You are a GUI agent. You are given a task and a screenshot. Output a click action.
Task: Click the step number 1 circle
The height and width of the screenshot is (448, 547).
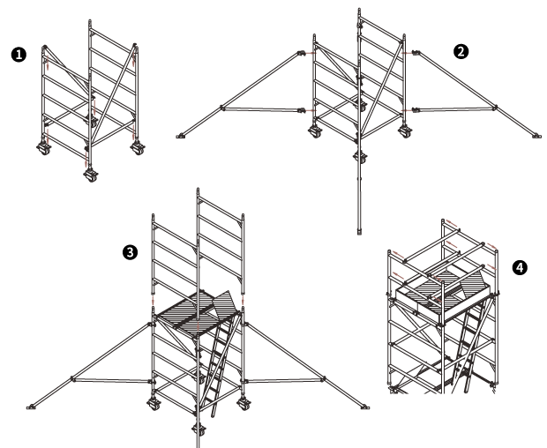tap(19, 55)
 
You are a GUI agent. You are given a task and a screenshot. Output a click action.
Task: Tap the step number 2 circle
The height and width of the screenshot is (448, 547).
tap(461, 52)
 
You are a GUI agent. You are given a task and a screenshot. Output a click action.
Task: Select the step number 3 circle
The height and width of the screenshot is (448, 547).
tap(130, 252)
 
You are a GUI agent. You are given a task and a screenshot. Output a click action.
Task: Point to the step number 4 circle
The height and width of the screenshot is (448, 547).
tap(520, 268)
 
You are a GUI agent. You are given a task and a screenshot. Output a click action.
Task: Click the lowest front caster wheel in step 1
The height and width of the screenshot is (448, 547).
tap(91, 175)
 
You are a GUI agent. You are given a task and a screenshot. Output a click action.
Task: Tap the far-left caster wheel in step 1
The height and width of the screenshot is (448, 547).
tap(43, 149)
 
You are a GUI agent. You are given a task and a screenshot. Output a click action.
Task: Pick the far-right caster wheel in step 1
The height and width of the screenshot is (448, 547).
tap(138, 148)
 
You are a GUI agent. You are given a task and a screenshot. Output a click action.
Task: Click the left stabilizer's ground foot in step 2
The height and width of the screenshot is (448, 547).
tap(180, 137)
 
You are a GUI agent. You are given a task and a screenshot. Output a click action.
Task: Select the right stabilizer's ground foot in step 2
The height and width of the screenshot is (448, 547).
tap(537, 137)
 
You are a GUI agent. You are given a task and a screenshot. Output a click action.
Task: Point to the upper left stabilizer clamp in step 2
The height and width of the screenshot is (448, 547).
tap(302, 53)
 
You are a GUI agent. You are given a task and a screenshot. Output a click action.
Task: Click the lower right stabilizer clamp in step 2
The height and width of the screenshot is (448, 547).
tap(416, 110)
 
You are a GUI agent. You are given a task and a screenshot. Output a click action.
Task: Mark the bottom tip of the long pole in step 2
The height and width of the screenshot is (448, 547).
tap(359, 233)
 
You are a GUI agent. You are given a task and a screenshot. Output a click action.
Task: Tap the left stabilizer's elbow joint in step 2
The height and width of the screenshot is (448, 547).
tap(222, 108)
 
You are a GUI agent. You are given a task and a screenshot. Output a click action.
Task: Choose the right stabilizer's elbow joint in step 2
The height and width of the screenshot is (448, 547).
tap(495, 107)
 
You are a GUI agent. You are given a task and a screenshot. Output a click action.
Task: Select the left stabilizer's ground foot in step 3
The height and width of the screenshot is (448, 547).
tap(31, 407)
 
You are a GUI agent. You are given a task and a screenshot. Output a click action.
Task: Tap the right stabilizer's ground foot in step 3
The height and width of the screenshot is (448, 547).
tap(365, 407)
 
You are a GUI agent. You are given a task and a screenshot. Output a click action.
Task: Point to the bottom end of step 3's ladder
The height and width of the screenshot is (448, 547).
tap(214, 415)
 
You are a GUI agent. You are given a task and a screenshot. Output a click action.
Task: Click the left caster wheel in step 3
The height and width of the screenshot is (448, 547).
tap(154, 404)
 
